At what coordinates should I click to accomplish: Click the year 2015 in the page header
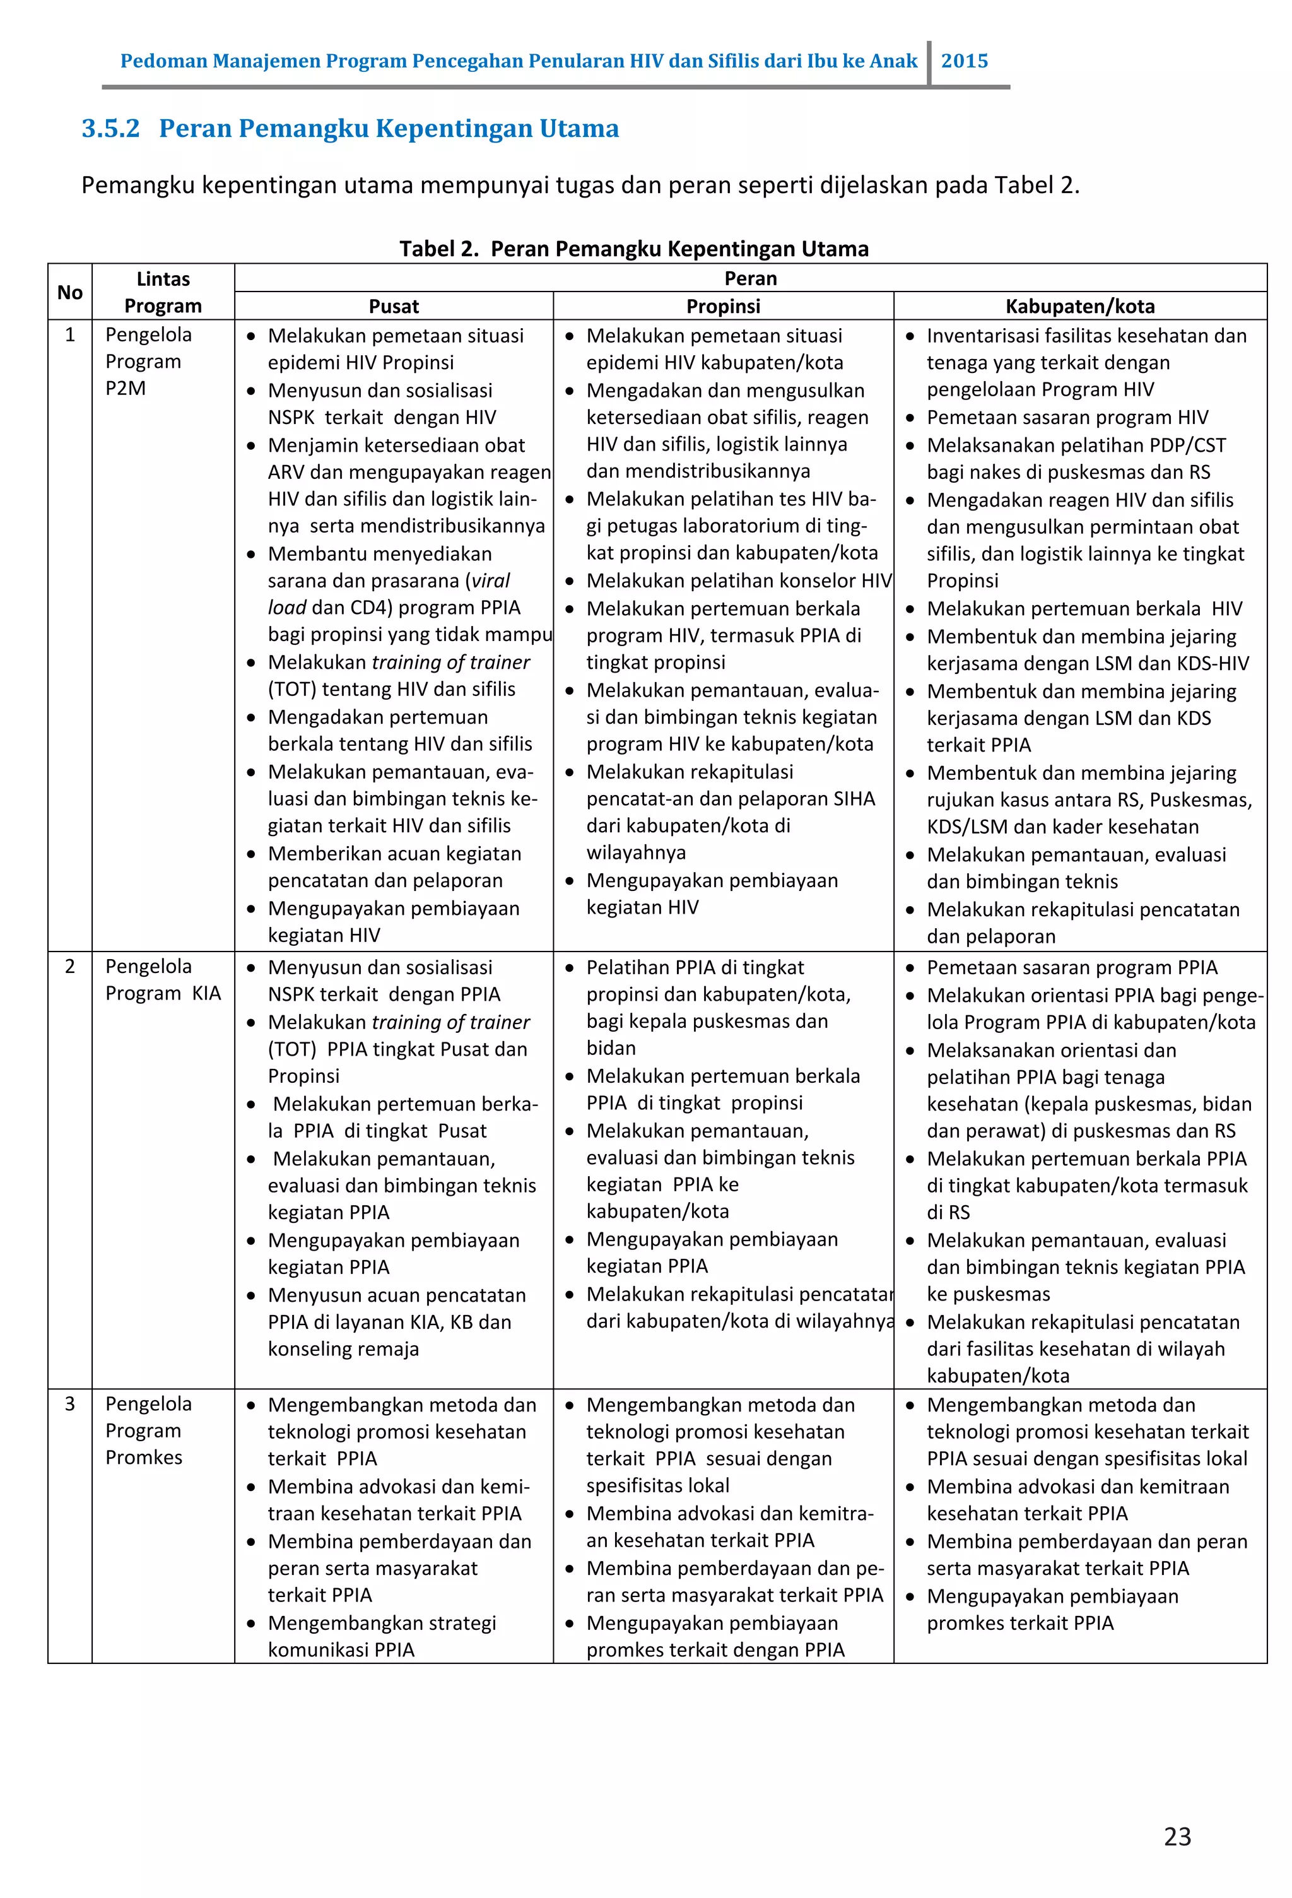click(964, 61)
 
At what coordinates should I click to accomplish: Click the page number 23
click(1177, 1836)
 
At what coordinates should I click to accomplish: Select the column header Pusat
click(394, 306)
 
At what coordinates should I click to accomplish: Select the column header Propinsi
click(723, 306)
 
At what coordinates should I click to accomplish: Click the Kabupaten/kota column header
click(1079, 306)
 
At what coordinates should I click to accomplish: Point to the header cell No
click(69, 292)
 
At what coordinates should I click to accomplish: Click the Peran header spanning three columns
click(749, 278)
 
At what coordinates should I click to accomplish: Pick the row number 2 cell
click(69, 966)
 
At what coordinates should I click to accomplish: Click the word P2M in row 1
click(125, 388)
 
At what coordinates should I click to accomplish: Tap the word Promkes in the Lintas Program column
click(144, 1457)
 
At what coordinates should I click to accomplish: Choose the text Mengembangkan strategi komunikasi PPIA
click(382, 1636)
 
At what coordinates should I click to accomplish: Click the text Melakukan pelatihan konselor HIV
click(738, 581)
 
